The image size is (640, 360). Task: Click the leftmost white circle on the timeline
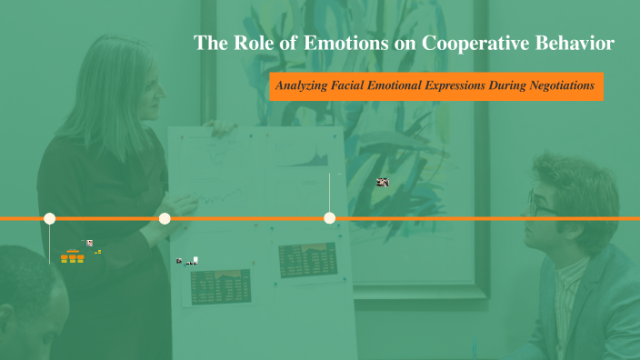pos(50,218)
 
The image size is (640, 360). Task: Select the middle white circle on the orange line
pos(165,218)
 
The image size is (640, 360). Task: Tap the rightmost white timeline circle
pos(330,218)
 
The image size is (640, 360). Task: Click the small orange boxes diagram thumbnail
pos(72,258)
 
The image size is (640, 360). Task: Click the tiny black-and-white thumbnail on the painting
pos(383,182)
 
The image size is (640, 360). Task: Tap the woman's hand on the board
pos(218,128)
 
